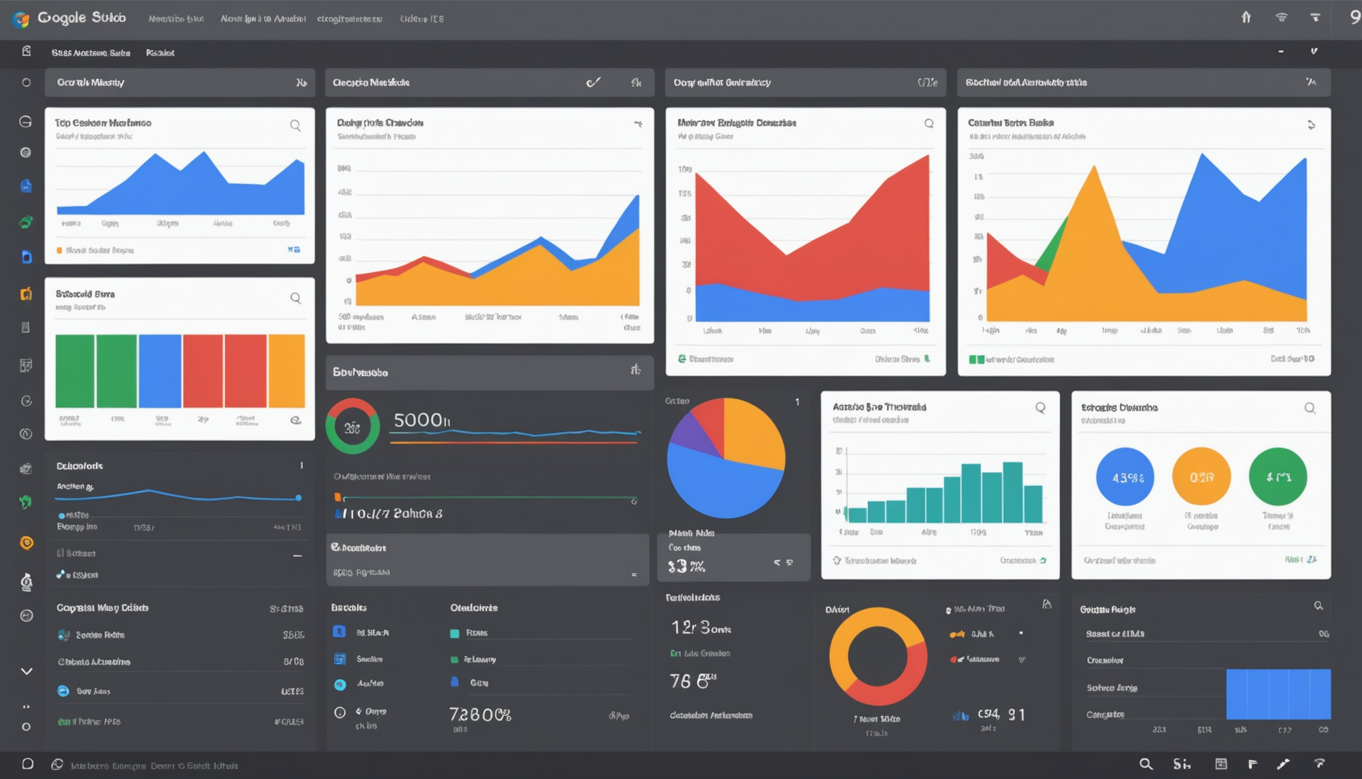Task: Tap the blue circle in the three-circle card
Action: tap(1125, 477)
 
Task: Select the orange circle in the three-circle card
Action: tap(1201, 477)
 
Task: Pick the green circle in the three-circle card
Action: tap(1278, 477)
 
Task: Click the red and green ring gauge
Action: tap(352, 427)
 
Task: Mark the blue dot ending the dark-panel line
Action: tap(298, 498)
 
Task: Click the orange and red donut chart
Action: tap(878, 656)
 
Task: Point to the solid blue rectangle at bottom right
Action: tap(1278, 694)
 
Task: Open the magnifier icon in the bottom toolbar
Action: tap(1146, 764)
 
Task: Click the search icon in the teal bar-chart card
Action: tap(1040, 408)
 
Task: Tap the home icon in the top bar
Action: tap(1246, 18)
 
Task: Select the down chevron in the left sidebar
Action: tap(26, 671)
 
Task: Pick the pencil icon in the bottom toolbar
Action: tap(1284, 764)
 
